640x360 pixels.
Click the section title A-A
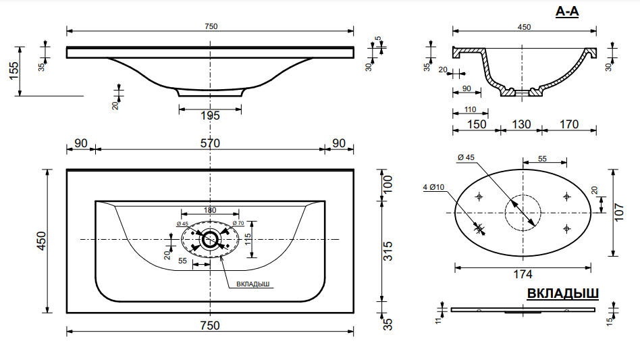[567, 11]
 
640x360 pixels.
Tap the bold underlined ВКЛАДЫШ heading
[562, 294]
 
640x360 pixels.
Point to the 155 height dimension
[14, 71]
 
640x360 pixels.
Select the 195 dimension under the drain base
[210, 115]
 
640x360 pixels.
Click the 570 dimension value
[210, 143]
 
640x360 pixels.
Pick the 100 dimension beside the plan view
[388, 184]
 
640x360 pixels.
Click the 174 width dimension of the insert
[523, 274]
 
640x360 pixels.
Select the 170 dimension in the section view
[569, 124]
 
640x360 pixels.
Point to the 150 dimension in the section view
[476, 124]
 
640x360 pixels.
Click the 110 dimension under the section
[470, 109]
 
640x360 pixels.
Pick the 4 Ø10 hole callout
[434, 187]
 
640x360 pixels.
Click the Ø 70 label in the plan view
[238, 223]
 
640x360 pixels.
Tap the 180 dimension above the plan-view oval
[210, 211]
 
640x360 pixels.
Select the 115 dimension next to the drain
[248, 239]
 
